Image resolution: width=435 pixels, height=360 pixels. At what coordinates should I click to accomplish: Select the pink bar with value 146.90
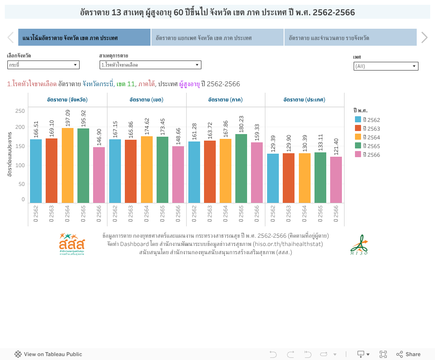tap(99, 175)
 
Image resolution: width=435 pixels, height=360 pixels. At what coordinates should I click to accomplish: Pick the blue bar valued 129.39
tap(273, 178)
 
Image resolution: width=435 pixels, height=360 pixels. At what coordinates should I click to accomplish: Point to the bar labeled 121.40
tap(336, 180)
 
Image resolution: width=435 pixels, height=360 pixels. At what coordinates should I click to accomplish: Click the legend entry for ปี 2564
tap(368, 137)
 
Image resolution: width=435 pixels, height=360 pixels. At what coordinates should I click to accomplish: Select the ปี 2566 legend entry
tap(368, 155)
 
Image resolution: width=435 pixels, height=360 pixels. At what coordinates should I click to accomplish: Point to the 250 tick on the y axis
tap(20, 111)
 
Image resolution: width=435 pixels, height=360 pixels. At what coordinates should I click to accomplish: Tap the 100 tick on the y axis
tap(20, 165)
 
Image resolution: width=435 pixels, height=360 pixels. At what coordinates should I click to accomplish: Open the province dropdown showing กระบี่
tap(43, 65)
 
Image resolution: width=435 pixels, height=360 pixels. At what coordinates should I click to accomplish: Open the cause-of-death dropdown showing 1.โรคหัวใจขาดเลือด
tap(150, 65)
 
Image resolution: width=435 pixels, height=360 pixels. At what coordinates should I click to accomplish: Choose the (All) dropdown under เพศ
tap(386, 66)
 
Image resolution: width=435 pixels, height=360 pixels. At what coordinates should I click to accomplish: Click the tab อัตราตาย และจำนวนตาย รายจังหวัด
tap(350, 38)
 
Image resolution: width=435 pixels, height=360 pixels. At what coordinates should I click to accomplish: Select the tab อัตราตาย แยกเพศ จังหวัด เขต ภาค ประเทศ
tap(217, 38)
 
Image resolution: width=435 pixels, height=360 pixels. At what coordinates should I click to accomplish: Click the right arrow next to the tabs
tap(425, 38)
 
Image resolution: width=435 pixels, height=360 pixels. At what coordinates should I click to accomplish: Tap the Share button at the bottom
tap(408, 354)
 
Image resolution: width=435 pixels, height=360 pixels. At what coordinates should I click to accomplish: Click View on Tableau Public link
tap(48, 354)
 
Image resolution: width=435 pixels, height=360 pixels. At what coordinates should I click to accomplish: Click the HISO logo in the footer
tap(359, 245)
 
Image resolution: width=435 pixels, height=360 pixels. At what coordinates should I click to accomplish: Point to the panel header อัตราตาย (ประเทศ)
tap(304, 100)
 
